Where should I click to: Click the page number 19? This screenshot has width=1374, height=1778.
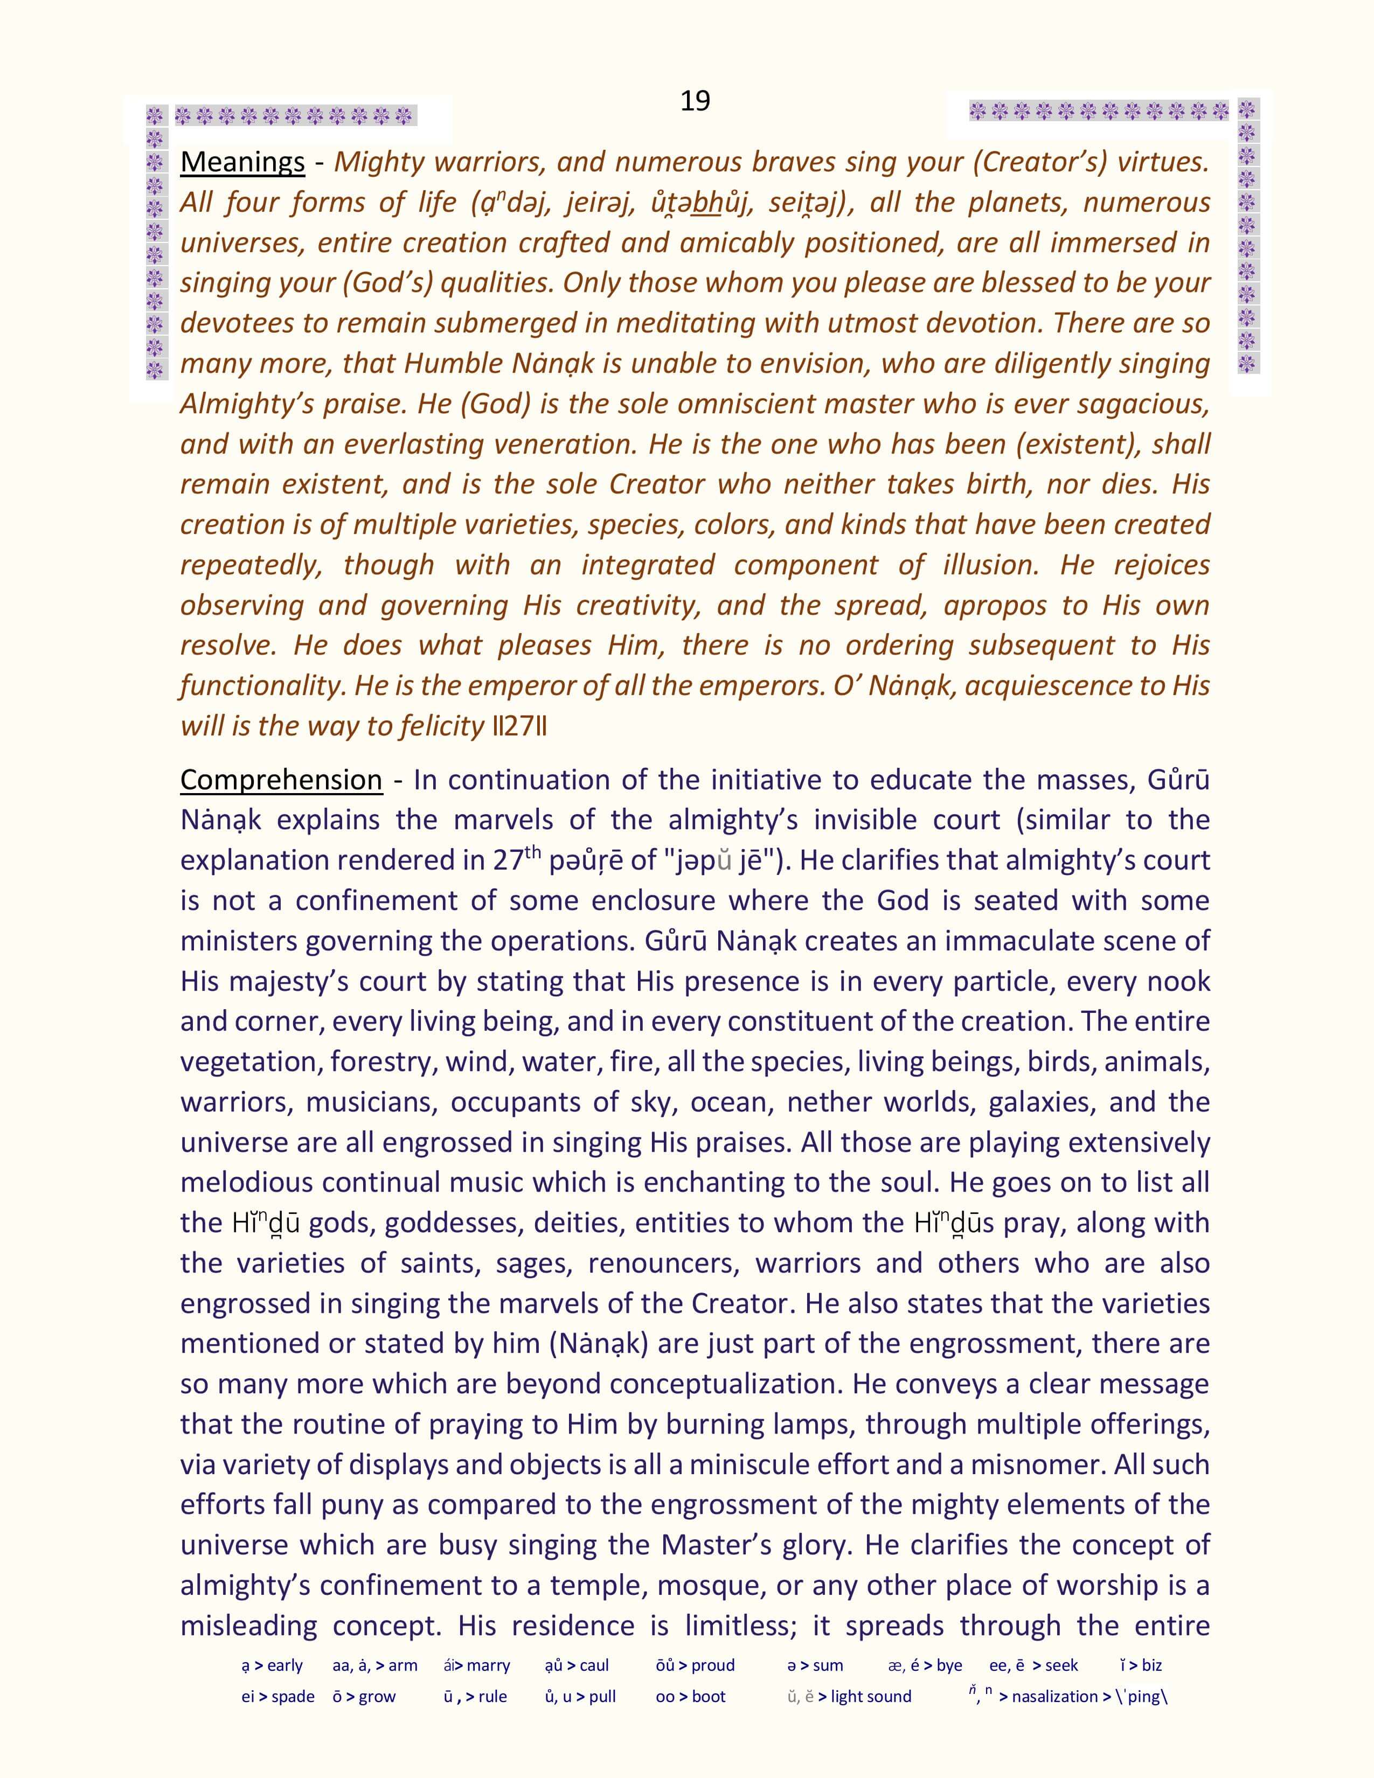pos(695,100)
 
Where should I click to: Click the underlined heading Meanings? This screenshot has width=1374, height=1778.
pos(242,162)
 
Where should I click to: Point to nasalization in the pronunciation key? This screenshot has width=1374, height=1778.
pos(1055,1697)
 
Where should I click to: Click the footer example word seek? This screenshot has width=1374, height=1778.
pos(1061,1665)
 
